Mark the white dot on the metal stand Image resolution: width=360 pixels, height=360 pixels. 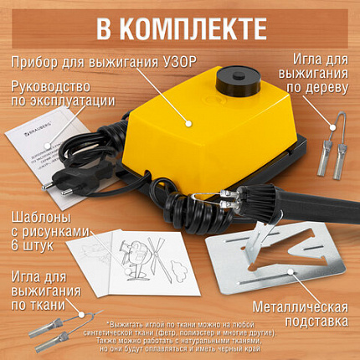[292, 271]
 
